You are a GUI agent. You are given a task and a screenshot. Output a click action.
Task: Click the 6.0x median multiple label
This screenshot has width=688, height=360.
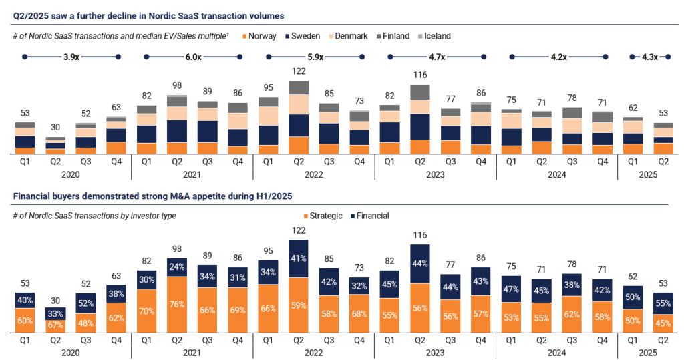192,57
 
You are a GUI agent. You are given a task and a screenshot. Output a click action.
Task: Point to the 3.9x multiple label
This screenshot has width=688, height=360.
70,57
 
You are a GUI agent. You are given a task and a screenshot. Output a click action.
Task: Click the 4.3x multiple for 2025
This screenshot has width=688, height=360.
646,57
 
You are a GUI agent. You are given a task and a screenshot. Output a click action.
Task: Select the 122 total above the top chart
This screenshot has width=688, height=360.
299,72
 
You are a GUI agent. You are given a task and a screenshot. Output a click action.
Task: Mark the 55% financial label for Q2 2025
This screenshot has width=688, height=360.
663,303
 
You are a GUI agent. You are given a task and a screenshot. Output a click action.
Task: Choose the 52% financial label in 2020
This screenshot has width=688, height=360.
86,303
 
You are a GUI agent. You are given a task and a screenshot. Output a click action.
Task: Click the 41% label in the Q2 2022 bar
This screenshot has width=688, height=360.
299,258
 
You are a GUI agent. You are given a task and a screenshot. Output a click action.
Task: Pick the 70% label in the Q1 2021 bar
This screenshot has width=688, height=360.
147,311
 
